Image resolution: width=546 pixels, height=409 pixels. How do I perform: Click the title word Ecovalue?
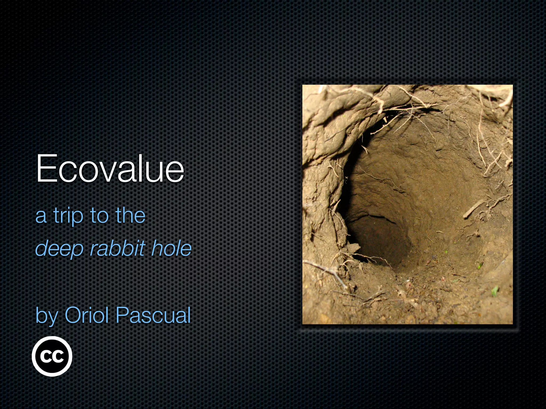point(110,168)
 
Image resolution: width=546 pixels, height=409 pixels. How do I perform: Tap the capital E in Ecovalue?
point(46,168)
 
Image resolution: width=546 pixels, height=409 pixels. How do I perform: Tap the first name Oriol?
point(87,315)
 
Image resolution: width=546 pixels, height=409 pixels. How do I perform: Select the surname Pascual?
point(153,315)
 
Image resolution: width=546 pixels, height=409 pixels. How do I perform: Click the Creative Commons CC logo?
point(52,356)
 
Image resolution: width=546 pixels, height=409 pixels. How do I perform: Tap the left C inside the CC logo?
point(46,356)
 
